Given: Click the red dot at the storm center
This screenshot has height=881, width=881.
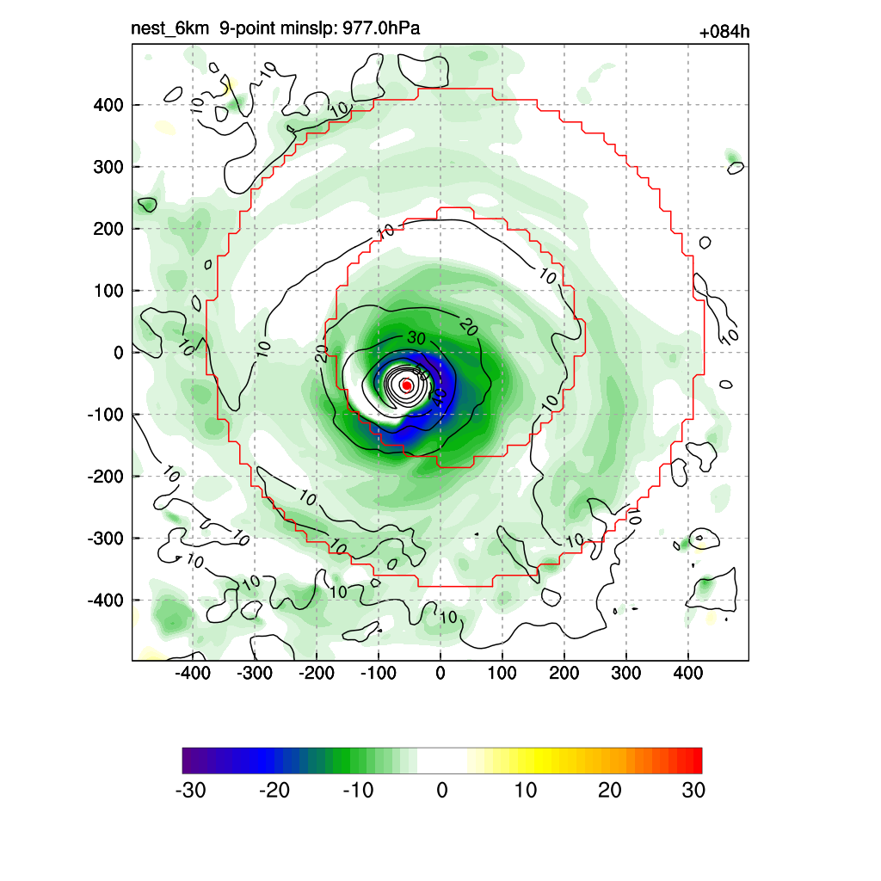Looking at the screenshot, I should [x=406, y=385].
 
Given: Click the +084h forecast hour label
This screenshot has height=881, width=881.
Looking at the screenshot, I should [x=725, y=33].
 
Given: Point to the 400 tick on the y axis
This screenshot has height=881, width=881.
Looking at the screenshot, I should [x=108, y=105].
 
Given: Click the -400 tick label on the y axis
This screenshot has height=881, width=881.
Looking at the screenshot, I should [x=105, y=600].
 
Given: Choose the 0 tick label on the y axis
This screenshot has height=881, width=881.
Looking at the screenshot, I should [x=119, y=353].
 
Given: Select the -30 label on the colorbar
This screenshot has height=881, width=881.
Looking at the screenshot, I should [x=190, y=791].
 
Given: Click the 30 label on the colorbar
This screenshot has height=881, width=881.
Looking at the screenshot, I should [x=693, y=791].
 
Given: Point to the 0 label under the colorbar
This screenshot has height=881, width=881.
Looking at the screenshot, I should [x=442, y=791].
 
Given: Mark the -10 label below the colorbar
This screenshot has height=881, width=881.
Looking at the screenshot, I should [x=358, y=791].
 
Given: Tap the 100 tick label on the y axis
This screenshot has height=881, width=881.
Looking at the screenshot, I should [x=108, y=291].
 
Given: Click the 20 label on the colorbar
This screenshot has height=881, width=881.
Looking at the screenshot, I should [x=609, y=791].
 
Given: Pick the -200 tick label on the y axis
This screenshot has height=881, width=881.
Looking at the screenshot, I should [x=105, y=476].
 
